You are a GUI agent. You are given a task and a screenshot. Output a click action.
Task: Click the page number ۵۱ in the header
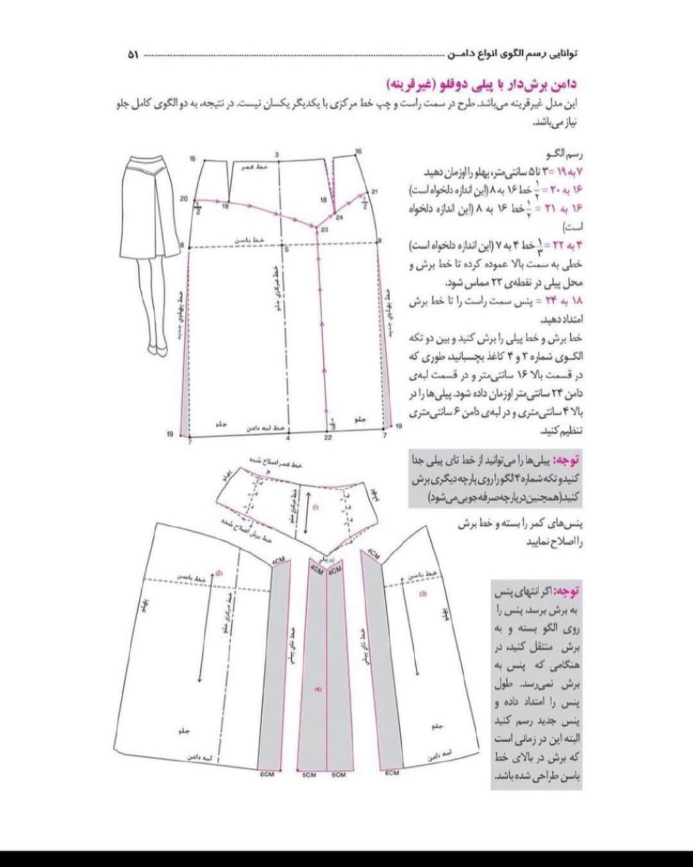(x=133, y=54)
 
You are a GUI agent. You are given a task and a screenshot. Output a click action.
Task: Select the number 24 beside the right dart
(x=339, y=217)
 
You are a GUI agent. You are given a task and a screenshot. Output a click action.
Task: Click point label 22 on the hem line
(x=328, y=438)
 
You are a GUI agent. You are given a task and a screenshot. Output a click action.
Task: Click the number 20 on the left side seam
(x=183, y=198)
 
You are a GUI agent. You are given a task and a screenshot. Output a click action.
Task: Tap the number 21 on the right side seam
(x=375, y=192)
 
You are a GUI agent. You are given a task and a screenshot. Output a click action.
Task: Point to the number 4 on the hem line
(x=288, y=438)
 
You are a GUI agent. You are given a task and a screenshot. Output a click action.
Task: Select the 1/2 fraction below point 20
(x=198, y=209)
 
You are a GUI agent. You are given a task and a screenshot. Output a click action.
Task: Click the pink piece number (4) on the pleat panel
(x=317, y=690)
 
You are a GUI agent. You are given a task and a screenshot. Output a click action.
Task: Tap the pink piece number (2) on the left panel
(x=219, y=574)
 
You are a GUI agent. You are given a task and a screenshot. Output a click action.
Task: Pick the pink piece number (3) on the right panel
(x=423, y=594)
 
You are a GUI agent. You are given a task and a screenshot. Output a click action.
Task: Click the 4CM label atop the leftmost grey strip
(x=278, y=562)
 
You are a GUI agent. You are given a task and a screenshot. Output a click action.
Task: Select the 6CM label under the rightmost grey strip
(x=392, y=772)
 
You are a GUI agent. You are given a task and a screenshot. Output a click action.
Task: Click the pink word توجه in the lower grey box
(x=566, y=591)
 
